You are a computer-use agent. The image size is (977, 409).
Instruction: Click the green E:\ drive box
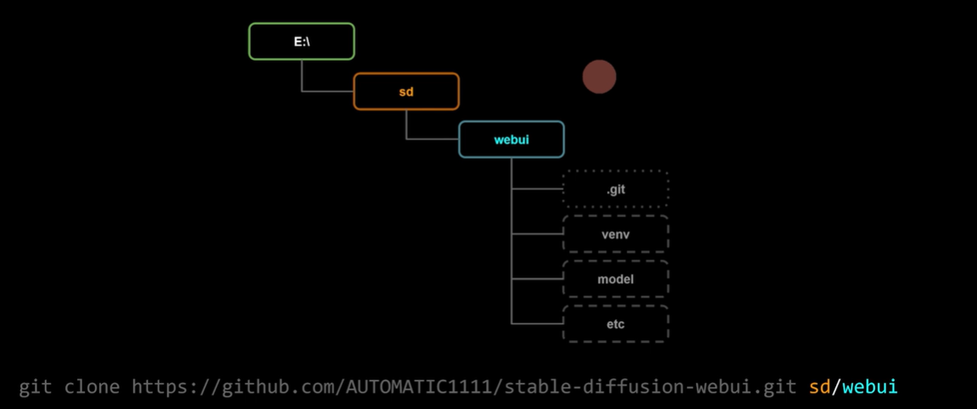click(x=301, y=42)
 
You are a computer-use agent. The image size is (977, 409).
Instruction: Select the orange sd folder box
click(x=406, y=92)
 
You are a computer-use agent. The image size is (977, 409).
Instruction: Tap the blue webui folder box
click(x=511, y=139)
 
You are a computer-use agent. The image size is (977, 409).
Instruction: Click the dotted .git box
click(x=616, y=189)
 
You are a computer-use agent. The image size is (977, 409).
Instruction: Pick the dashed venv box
click(x=616, y=233)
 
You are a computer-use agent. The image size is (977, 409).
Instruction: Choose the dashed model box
click(x=616, y=278)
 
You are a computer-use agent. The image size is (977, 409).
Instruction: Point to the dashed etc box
click(x=616, y=323)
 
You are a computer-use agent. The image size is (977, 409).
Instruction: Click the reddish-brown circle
click(x=599, y=77)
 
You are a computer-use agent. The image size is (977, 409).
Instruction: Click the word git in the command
click(x=36, y=388)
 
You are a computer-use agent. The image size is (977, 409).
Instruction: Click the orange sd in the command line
click(x=818, y=388)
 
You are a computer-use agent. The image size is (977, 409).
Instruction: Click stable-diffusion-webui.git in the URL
click(x=651, y=388)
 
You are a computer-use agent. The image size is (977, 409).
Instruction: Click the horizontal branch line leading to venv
click(x=537, y=233)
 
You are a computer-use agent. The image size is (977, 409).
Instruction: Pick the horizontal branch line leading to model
click(x=537, y=278)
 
